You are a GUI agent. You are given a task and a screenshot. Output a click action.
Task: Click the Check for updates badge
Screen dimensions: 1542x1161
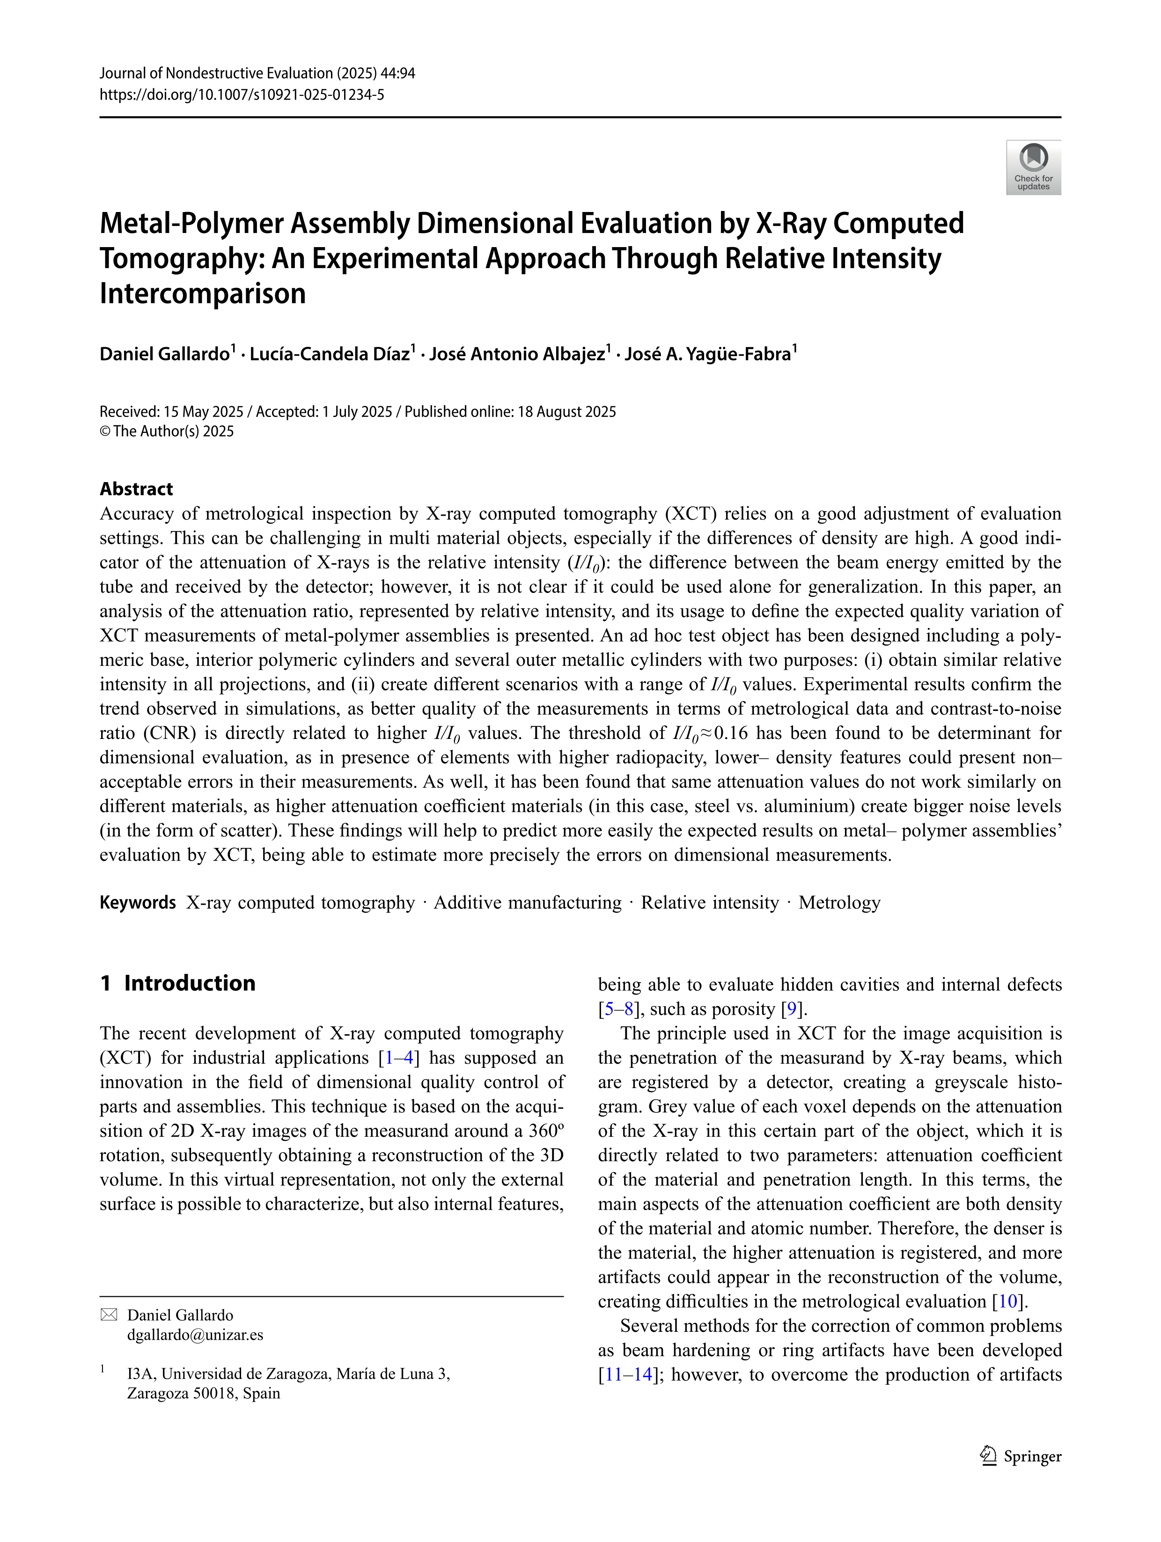pyautogui.click(x=1033, y=168)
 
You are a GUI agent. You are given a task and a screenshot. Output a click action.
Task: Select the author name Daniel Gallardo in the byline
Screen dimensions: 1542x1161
pyautogui.click(x=165, y=354)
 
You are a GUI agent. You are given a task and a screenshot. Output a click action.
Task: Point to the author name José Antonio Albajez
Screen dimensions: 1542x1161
pyautogui.click(x=517, y=354)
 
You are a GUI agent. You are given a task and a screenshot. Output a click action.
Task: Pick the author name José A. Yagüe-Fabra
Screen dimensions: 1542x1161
pyautogui.click(x=708, y=354)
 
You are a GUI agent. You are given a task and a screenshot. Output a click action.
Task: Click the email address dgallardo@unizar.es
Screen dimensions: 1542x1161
pyautogui.click(x=195, y=1335)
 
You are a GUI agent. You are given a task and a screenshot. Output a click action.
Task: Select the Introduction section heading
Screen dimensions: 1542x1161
pyautogui.click(x=189, y=983)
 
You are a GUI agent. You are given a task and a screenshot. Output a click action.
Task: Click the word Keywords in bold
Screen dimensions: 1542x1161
pyautogui.click(x=137, y=903)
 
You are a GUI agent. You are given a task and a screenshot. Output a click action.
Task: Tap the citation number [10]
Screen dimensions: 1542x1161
pyautogui.click(x=1009, y=1301)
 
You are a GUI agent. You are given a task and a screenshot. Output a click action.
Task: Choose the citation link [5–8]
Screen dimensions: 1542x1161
pyautogui.click(x=618, y=1009)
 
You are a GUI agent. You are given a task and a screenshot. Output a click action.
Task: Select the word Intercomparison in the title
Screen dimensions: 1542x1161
pyautogui.click(x=203, y=293)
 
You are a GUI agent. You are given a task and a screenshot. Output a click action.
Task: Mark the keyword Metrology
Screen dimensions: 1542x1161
pyautogui.click(x=839, y=903)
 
